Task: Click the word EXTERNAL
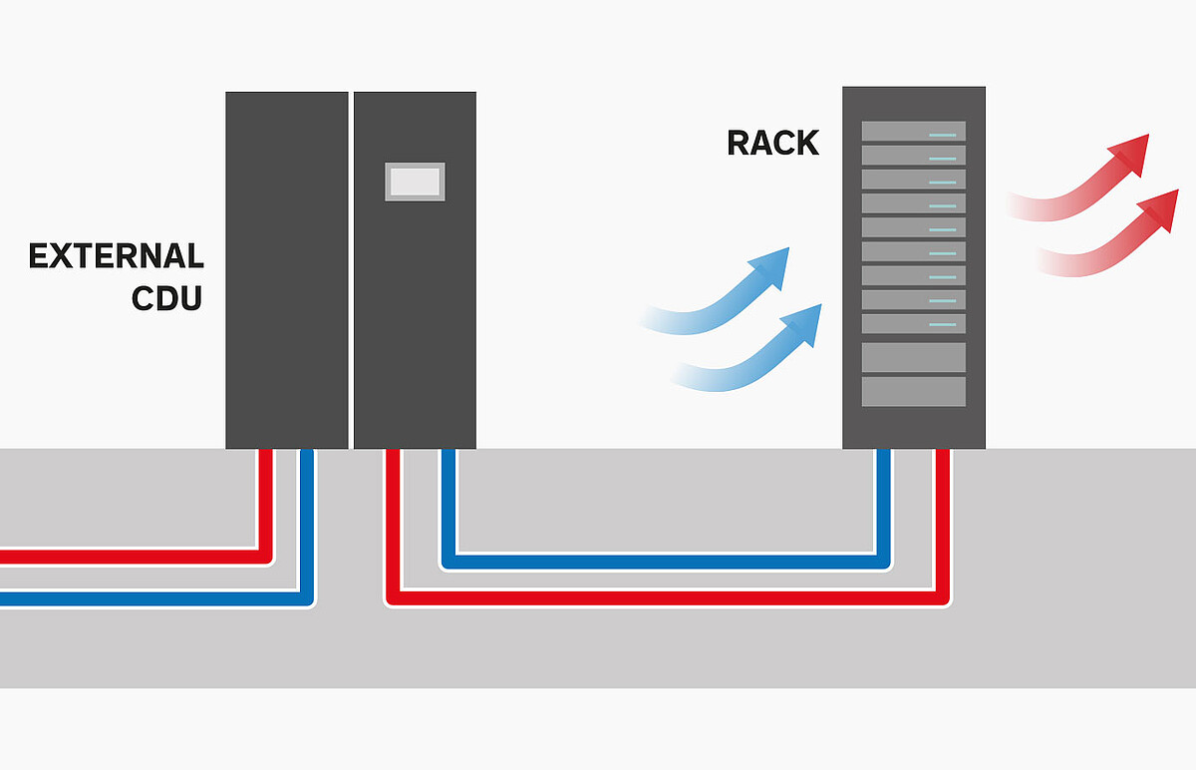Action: pyautogui.click(x=116, y=256)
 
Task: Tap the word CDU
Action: pyautogui.click(x=167, y=298)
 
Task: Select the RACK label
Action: pyautogui.click(x=772, y=143)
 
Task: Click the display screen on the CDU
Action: pyautogui.click(x=415, y=182)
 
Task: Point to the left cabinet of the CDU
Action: pyautogui.click(x=287, y=270)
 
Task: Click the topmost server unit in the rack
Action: pyautogui.click(x=914, y=131)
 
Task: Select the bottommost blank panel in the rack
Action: pyautogui.click(x=914, y=392)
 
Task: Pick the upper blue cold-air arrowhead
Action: pyautogui.click(x=771, y=266)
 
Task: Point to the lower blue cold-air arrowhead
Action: pyautogui.click(x=803, y=323)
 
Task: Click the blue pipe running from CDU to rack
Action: pyautogui.click(x=666, y=562)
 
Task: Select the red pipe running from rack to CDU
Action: pyautogui.click(x=668, y=598)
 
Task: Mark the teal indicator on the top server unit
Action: pyautogui.click(x=943, y=136)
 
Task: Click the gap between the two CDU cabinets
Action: pyautogui.click(x=351, y=270)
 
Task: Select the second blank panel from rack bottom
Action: pyautogui.click(x=914, y=357)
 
